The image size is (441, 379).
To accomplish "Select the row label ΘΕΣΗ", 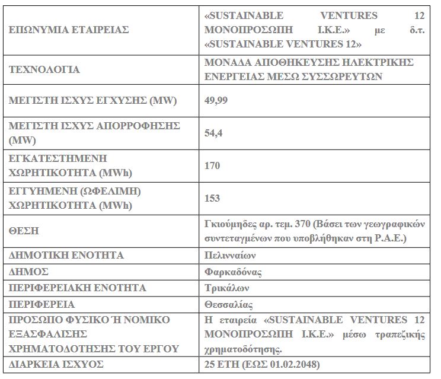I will tap(25, 231).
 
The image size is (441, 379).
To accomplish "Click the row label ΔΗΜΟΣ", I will tap(28, 272).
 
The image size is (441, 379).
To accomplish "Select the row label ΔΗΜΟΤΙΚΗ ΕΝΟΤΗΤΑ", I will tap(66, 255).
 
